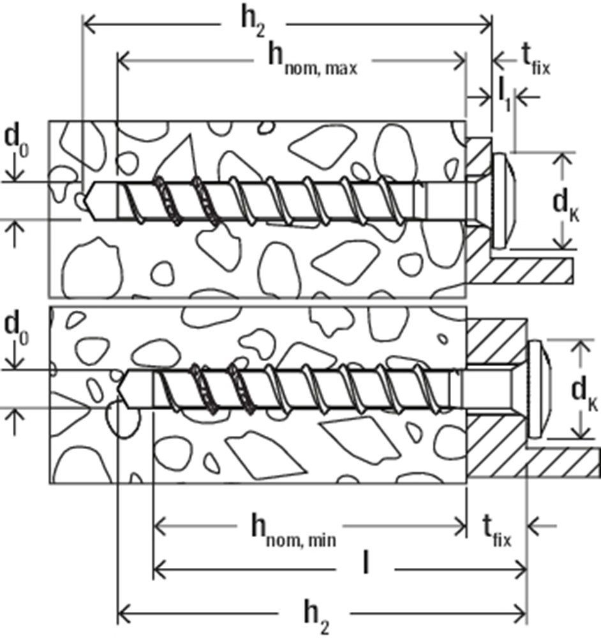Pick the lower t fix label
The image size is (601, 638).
click(x=496, y=530)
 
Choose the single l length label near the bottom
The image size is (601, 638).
click(x=365, y=563)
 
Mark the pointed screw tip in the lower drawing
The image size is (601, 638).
click(x=122, y=389)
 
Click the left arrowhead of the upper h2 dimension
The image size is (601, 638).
click(x=88, y=25)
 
